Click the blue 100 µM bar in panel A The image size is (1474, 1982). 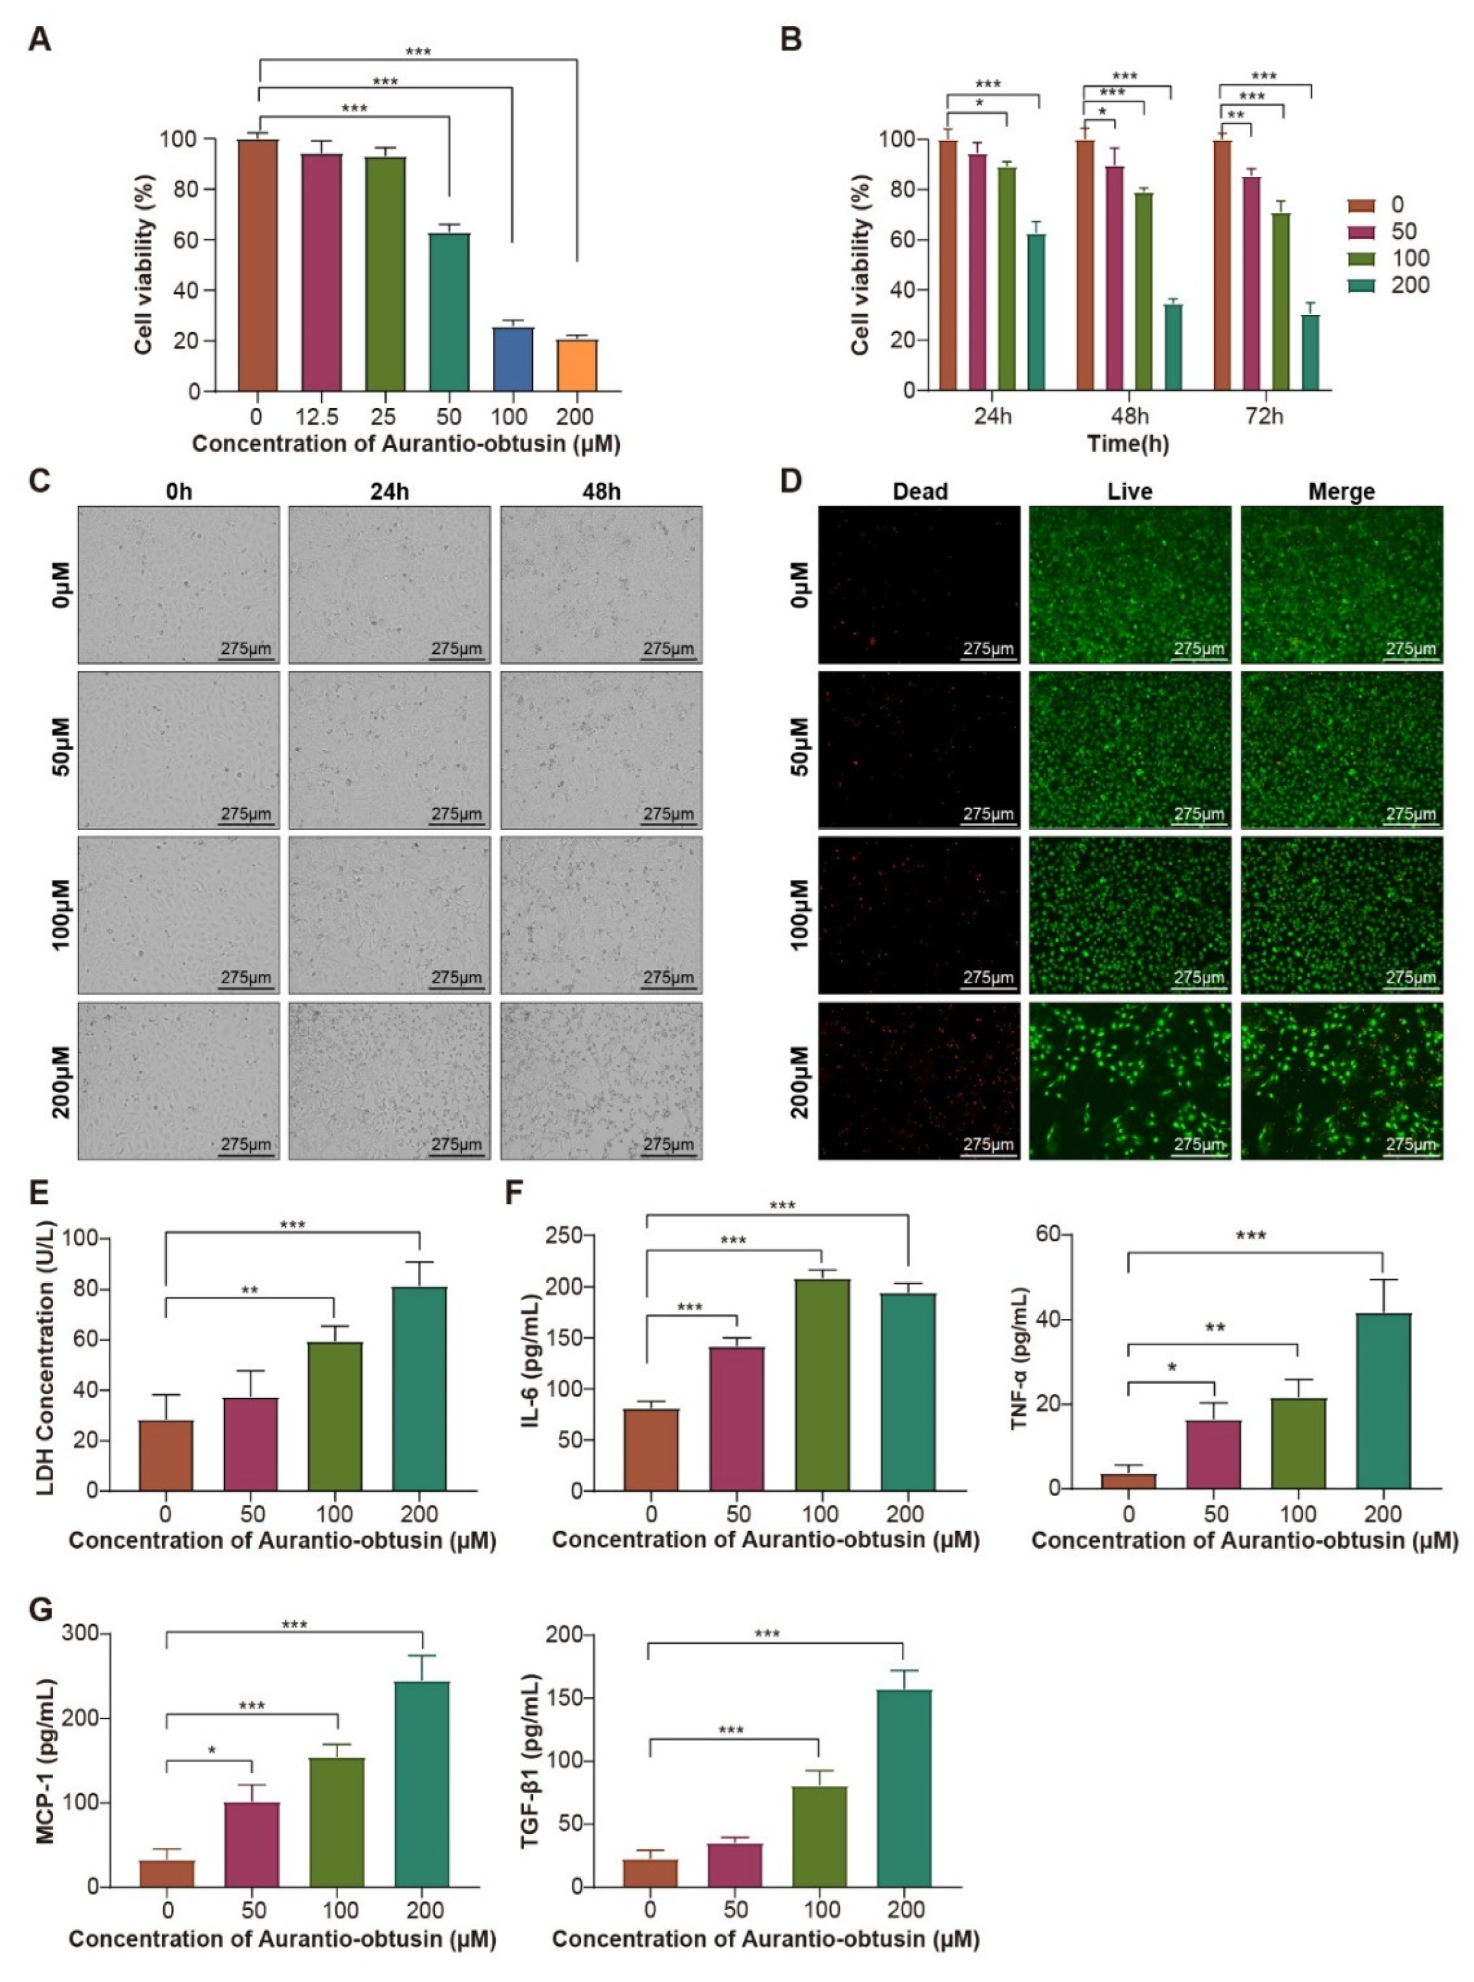pyautogui.click(x=513, y=359)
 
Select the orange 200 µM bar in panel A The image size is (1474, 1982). pyautogui.click(x=577, y=366)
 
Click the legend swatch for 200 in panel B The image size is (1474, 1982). pyautogui.click(x=1361, y=285)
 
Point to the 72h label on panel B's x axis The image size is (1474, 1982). pyautogui.click(x=1265, y=416)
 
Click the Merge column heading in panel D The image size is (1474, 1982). pyautogui.click(x=1341, y=492)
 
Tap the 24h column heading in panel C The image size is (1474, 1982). pyautogui.click(x=390, y=492)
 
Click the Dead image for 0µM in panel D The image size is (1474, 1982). pyautogui.click(x=919, y=585)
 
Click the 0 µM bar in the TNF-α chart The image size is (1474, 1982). pyautogui.click(x=1128, y=1481)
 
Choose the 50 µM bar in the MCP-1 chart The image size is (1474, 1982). pyautogui.click(x=253, y=1843)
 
